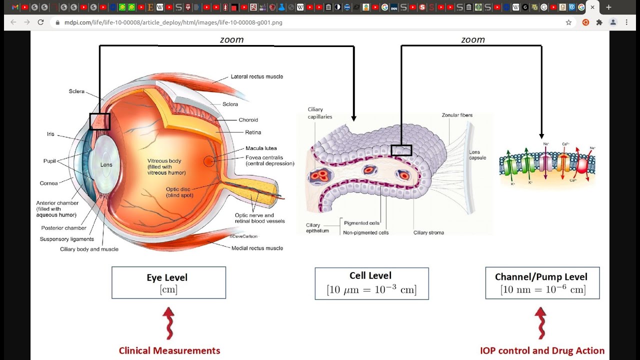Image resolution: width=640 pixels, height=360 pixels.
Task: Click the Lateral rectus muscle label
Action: pos(256,76)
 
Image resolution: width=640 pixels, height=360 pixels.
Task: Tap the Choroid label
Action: pos(248,120)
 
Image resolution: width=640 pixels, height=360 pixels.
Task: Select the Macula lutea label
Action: pos(261,148)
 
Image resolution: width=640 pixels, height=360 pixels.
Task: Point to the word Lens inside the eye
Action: pos(106,164)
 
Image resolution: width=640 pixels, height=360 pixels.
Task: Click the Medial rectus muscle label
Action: pos(257,248)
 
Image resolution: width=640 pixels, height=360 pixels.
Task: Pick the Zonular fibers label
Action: pos(457,115)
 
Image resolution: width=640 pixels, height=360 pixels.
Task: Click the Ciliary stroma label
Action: pos(428,232)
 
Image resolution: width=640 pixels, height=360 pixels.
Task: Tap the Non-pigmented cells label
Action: pos(366,232)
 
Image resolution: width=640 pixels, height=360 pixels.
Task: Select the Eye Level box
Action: pos(168,282)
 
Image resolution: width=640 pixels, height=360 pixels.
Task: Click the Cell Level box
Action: pos(371,283)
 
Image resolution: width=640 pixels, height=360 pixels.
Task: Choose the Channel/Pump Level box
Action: pos(542,283)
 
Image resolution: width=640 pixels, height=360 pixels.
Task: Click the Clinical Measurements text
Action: pos(169,350)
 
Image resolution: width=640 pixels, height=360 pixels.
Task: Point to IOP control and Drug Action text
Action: pos(542,350)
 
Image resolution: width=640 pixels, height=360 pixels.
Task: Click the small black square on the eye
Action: pos(99,121)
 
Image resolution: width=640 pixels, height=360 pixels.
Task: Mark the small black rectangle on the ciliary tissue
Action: pos(401,150)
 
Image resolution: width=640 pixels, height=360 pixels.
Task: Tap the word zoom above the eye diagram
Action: pos(231,40)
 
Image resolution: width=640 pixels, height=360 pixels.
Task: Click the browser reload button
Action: pos(40,22)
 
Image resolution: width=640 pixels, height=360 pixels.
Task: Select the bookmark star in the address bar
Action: pos(568,22)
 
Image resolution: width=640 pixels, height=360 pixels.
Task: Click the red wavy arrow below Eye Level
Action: pos(168,323)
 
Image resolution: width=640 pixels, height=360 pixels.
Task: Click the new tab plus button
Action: pos(608,7)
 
